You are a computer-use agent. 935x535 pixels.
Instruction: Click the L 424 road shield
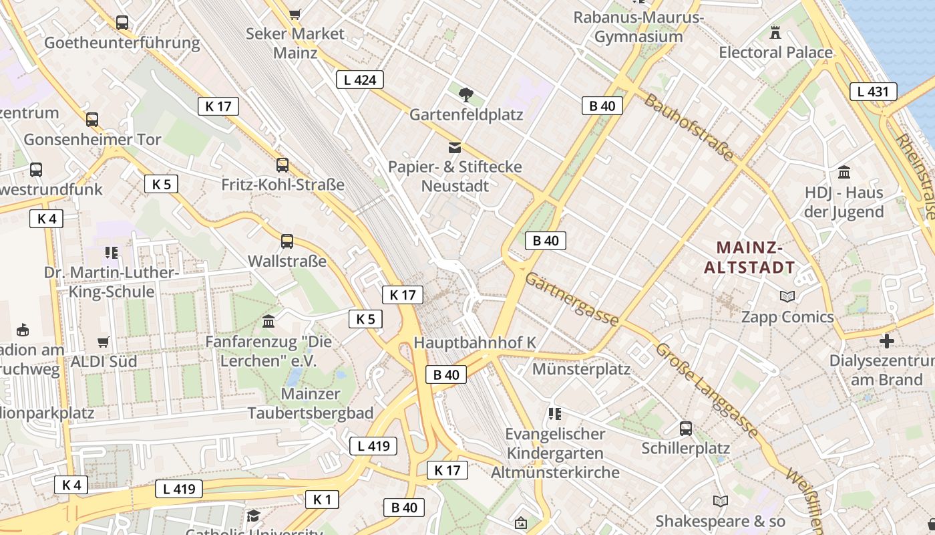tap(360, 80)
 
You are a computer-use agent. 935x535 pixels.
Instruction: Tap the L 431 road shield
tap(873, 92)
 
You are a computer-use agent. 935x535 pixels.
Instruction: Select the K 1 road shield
tap(322, 500)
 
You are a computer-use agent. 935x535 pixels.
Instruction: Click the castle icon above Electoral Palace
tap(775, 31)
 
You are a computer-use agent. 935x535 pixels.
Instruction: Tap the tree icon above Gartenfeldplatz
tap(466, 95)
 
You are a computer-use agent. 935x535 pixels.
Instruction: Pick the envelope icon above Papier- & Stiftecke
tap(455, 147)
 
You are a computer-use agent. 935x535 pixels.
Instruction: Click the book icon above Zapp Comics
tap(787, 296)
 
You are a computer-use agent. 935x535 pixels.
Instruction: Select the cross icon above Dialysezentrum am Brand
tap(886, 341)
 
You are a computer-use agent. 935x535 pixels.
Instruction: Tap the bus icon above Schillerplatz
tap(685, 428)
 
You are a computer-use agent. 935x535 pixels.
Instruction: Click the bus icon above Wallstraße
tap(287, 241)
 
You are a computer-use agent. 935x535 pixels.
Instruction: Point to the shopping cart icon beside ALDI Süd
tap(104, 342)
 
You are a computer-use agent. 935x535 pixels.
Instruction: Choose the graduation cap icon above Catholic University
tap(253, 516)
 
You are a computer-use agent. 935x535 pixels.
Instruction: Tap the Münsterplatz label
tap(581, 369)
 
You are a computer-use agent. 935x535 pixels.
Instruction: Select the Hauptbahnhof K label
tap(475, 342)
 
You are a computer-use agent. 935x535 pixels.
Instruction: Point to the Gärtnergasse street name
tap(572, 299)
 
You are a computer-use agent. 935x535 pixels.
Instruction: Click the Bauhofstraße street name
tap(689, 126)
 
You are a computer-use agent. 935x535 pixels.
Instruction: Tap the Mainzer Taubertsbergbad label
tap(311, 403)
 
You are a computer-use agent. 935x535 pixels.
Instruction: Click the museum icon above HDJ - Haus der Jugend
tap(844, 172)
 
